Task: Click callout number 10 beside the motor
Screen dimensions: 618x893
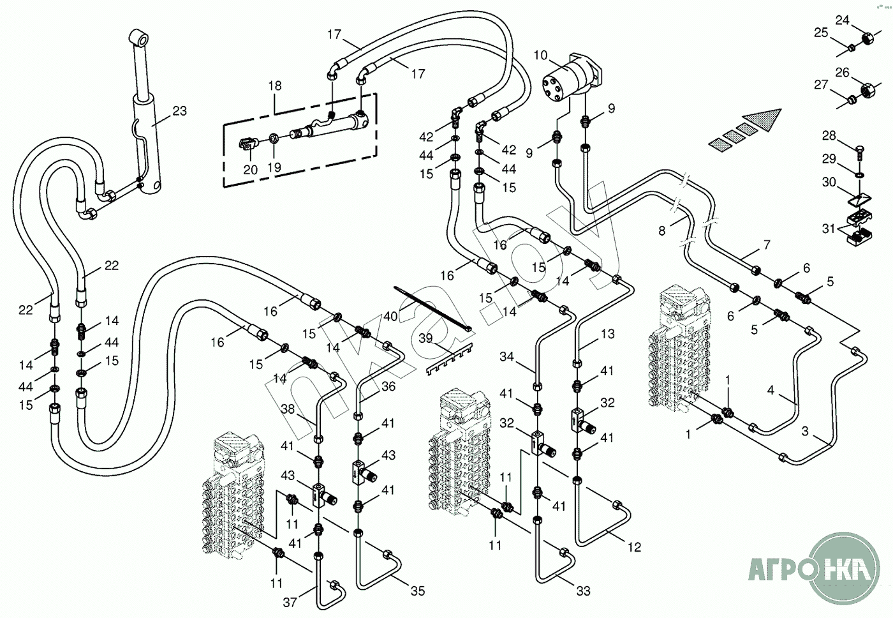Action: point(540,55)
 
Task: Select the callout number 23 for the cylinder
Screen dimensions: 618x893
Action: point(180,111)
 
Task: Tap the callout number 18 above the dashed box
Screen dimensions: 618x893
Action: point(275,86)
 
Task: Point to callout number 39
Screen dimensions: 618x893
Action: point(426,338)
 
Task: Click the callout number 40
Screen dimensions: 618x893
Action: point(390,316)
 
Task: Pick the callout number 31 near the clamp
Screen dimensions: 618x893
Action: point(828,228)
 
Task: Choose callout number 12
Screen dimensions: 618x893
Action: point(634,547)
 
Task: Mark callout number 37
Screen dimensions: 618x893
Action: point(290,602)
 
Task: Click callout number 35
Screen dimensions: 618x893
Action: point(418,591)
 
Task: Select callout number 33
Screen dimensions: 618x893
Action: point(583,591)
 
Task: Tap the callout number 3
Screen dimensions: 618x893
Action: point(805,432)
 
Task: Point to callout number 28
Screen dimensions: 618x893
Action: point(829,135)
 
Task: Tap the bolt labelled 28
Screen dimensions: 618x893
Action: point(859,153)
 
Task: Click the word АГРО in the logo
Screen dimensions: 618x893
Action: point(779,569)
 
